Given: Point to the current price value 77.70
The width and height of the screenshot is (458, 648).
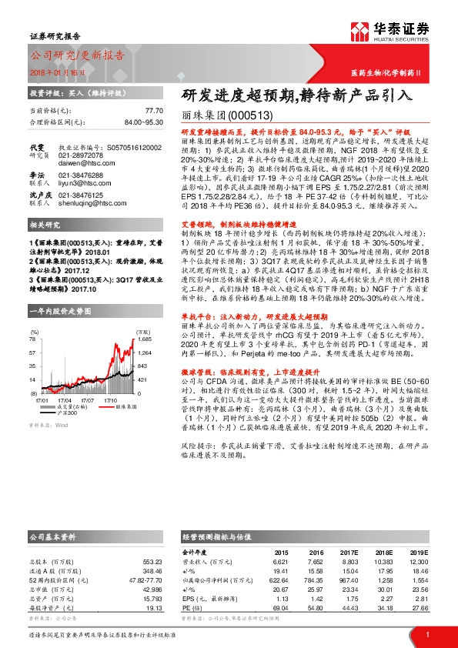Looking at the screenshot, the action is (154, 111).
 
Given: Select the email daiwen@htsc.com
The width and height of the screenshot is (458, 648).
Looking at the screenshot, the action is (80, 163).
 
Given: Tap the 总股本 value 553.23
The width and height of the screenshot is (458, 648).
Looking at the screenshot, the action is (152, 559).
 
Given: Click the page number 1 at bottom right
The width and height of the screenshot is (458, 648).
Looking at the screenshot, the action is (427, 633).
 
